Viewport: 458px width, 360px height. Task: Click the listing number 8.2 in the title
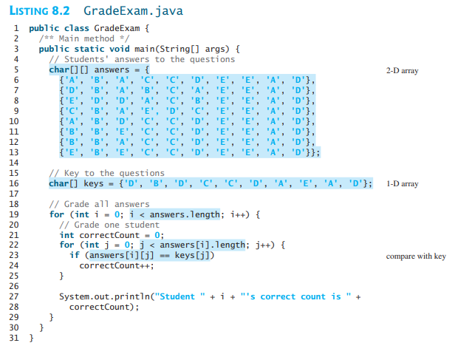point(61,11)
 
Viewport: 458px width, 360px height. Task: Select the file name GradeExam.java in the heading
point(133,11)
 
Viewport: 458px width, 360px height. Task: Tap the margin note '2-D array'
point(402,71)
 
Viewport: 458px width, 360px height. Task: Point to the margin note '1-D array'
point(402,184)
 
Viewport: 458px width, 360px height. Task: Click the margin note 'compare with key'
point(416,257)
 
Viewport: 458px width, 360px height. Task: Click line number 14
point(14,163)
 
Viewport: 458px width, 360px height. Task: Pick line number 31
point(14,338)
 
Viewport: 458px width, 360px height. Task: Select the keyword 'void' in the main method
point(119,49)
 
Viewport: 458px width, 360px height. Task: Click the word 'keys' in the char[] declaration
point(94,184)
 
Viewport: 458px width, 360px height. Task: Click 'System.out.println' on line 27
point(104,297)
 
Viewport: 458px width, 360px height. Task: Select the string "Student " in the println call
point(180,296)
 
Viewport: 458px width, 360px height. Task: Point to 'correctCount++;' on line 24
point(117,265)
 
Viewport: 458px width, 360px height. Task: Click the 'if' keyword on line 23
point(75,255)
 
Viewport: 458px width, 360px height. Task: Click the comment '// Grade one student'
point(109,225)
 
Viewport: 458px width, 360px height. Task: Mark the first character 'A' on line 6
point(71,80)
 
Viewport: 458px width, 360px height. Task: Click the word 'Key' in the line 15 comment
point(72,173)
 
